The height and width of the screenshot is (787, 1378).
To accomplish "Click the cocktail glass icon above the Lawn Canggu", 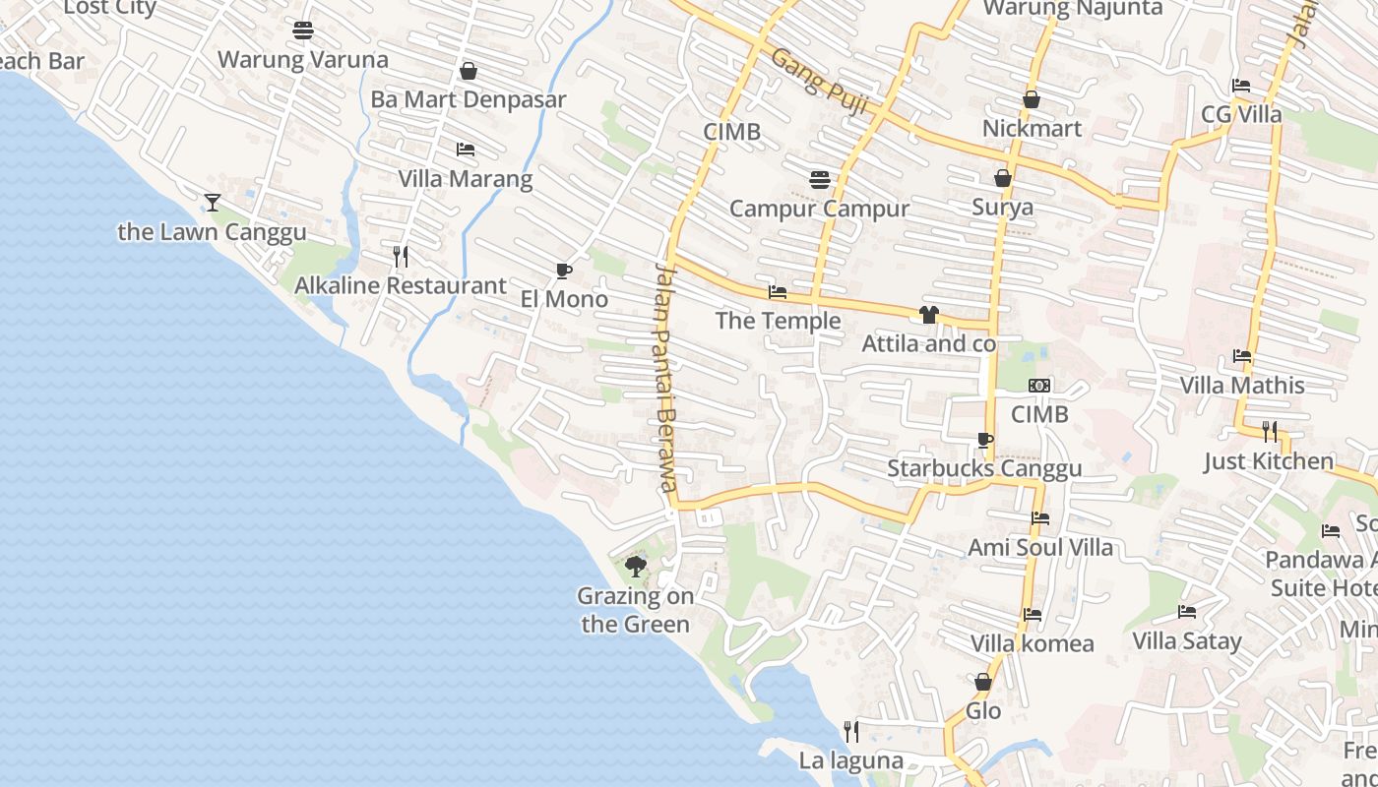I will click(213, 203).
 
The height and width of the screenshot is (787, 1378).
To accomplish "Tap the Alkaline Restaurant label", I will click(401, 285).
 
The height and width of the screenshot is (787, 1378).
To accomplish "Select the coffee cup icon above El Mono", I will click(564, 271).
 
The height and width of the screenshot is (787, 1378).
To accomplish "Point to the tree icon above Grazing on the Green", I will click(636, 567).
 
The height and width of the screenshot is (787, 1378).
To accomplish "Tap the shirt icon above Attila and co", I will click(928, 315).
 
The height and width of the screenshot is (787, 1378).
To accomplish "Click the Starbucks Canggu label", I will click(984, 468).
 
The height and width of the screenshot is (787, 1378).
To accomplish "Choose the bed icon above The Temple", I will click(778, 292).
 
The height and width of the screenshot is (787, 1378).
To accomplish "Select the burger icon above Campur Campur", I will click(819, 179).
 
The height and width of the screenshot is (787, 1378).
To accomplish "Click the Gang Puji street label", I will click(819, 81).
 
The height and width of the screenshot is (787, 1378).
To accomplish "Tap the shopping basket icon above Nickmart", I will click(1032, 99).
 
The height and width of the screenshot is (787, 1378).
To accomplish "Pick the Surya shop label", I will click(1003, 207).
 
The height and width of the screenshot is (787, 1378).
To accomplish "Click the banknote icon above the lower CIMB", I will click(1039, 386).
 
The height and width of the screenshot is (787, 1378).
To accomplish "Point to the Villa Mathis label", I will click(1242, 385).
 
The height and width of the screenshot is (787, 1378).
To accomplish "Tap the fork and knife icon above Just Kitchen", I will click(1270, 431).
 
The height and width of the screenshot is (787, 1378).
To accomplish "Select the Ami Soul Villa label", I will click(1040, 547).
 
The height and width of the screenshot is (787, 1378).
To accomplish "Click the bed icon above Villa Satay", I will click(1187, 612).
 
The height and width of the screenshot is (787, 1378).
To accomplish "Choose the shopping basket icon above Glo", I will click(982, 682).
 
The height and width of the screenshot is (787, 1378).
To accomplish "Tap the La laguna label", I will click(850, 760).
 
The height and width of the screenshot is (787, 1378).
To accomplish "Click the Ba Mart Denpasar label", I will click(469, 99).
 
